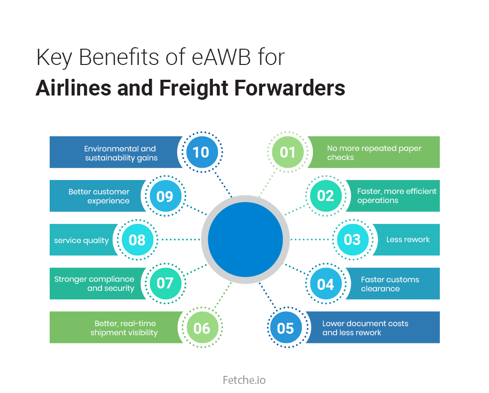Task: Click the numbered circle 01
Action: pyautogui.click(x=287, y=152)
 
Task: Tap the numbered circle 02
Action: pyautogui.click(x=325, y=196)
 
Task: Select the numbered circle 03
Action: pyautogui.click(x=352, y=239)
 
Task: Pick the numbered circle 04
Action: pyautogui.click(x=325, y=284)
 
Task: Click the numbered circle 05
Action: pyautogui.click(x=285, y=328)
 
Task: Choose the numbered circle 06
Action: pyautogui.click(x=202, y=328)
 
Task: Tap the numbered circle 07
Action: pyautogui.click(x=165, y=283)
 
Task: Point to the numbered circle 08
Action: pyautogui.click(x=137, y=239)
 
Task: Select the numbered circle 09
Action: pyautogui.click(x=165, y=196)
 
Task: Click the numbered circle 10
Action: pyautogui.click(x=201, y=152)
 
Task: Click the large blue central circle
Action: pyautogui.click(x=245, y=239)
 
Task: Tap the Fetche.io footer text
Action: pyautogui.click(x=244, y=380)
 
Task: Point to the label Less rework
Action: pyautogui.click(x=408, y=240)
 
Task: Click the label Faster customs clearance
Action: pyautogui.click(x=390, y=284)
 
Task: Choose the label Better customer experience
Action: pyautogui.click(x=99, y=196)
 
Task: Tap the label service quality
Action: pyautogui.click(x=81, y=240)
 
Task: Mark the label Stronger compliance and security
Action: pyautogui.click(x=94, y=284)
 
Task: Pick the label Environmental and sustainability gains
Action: pyautogui.click(x=121, y=153)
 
